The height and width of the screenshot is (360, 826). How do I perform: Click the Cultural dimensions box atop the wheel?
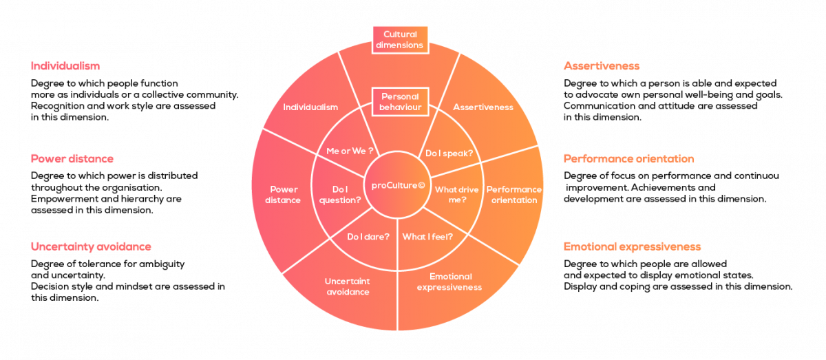pyautogui.click(x=400, y=39)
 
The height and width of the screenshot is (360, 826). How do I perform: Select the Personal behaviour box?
pyautogui.click(x=400, y=102)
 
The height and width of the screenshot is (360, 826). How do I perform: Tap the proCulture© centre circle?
pyautogui.click(x=399, y=184)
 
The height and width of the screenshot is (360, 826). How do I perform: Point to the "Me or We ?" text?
pyautogui.click(x=349, y=151)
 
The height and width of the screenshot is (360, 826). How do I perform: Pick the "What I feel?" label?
pyautogui.click(x=427, y=237)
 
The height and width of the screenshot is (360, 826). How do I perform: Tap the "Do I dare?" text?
pyautogui.click(x=368, y=237)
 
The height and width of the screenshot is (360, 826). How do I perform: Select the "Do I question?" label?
pyautogui.click(x=340, y=194)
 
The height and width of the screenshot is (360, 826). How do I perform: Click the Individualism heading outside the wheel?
pyautogui.click(x=65, y=66)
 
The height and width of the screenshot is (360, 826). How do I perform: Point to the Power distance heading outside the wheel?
pyautogui.click(x=72, y=158)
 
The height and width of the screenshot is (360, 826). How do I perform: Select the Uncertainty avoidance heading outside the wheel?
pyautogui.click(x=91, y=246)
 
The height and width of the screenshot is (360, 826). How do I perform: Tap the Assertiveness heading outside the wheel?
pyautogui.click(x=602, y=66)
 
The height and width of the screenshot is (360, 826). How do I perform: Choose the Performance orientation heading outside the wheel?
pyautogui.click(x=628, y=158)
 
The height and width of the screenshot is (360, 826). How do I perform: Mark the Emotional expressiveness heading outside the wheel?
pyautogui.click(x=632, y=246)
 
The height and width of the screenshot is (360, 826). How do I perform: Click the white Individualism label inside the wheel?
pyautogui.click(x=310, y=107)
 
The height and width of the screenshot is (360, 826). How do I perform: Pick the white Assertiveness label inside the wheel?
pyautogui.click(x=483, y=107)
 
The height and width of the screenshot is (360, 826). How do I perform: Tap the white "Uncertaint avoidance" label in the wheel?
pyautogui.click(x=348, y=286)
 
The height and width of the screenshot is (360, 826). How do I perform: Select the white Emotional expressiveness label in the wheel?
pyautogui.click(x=449, y=282)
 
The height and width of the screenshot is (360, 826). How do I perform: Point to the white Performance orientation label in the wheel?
pyautogui.click(x=513, y=195)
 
